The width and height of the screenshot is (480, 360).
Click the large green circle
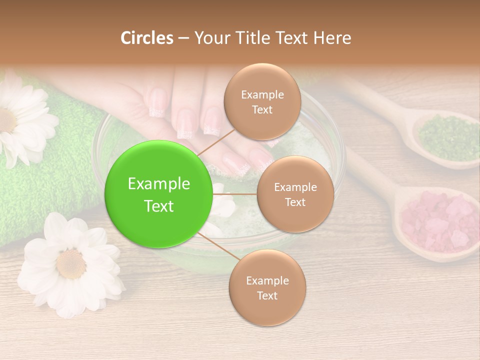click(159, 194)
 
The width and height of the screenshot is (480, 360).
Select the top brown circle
click(262, 101)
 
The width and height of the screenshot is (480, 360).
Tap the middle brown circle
click(295, 194)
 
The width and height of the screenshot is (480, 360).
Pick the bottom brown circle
click(267, 287)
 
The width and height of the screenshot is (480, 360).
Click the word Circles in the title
click(147, 38)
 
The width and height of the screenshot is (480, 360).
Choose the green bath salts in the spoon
click(448, 137)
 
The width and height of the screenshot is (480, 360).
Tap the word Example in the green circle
click(159, 184)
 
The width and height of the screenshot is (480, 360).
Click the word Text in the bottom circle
click(267, 295)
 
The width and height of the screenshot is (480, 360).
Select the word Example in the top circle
click(262, 94)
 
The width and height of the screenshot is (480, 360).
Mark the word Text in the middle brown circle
click(295, 202)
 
